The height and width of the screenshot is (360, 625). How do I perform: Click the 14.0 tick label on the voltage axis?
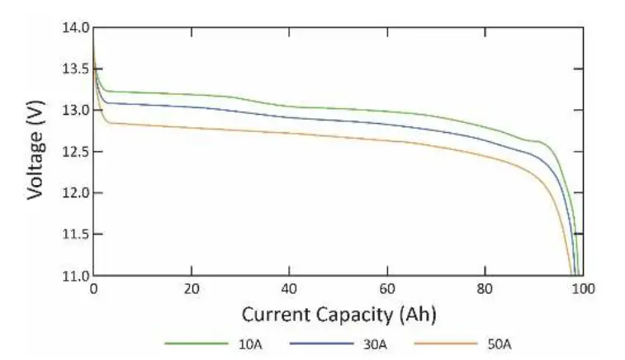click(x=76, y=28)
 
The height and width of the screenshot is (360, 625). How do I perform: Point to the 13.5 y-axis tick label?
click(x=76, y=69)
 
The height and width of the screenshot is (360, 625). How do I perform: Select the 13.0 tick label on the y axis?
click(x=76, y=111)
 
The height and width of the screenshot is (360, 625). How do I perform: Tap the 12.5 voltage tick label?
click(x=76, y=152)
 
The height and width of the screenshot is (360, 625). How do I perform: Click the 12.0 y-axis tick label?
click(x=76, y=193)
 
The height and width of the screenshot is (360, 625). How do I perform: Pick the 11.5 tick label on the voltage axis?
click(x=76, y=234)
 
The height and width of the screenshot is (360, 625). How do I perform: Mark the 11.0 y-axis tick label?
click(x=76, y=275)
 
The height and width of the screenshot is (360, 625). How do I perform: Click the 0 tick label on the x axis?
click(x=93, y=290)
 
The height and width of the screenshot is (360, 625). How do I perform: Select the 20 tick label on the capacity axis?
click(x=192, y=290)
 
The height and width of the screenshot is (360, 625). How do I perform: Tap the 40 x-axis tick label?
click(x=290, y=290)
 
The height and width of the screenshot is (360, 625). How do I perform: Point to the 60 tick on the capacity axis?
click(x=387, y=290)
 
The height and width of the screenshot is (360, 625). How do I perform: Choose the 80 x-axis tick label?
click(x=485, y=290)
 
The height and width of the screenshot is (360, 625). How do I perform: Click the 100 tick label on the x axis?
click(x=584, y=290)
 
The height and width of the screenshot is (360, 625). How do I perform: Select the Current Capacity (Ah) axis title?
click(x=339, y=315)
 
